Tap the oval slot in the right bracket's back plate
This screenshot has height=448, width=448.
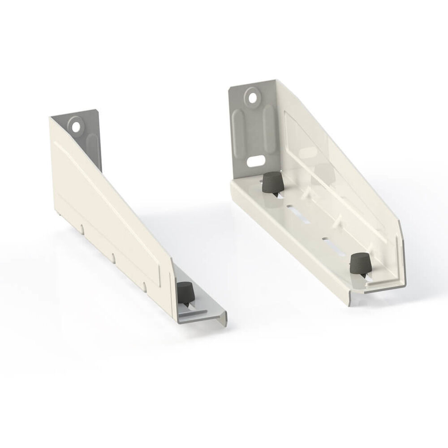256,159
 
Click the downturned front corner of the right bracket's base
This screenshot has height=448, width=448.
354,300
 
